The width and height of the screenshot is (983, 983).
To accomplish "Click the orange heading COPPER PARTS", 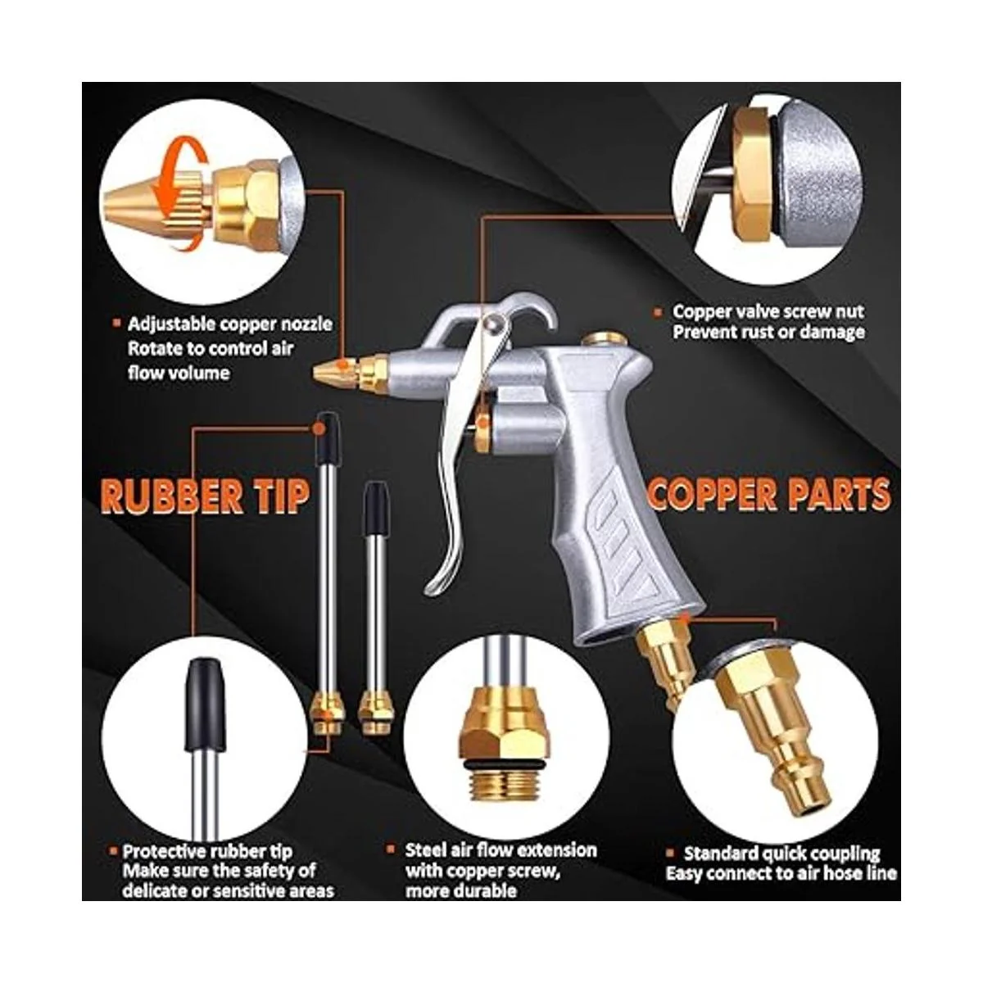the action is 770,494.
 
